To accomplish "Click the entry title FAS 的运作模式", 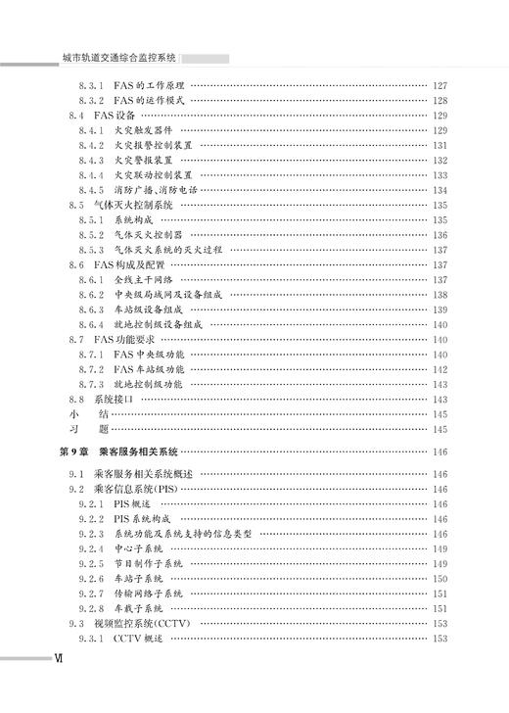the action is (150, 101).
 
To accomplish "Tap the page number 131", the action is (440, 145).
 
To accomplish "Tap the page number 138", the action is (440, 295).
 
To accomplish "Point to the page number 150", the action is (440, 579).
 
